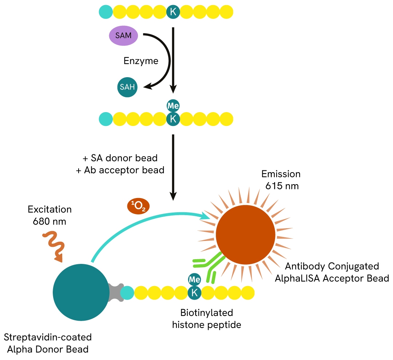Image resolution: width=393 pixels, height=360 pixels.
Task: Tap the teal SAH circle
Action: click(x=127, y=87)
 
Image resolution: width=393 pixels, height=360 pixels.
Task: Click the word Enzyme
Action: click(x=141, y=61)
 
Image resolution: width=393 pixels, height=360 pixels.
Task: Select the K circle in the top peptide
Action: click(x=173, y=12)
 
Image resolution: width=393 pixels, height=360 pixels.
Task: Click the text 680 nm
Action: click(x=50, y=221)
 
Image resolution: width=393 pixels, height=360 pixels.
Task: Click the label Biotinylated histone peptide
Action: click(x=207, y=319)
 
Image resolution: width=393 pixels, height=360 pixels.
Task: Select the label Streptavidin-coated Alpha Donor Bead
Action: click(x=47, y=343)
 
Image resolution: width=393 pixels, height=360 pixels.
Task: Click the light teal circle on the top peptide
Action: click(x=106, y=12)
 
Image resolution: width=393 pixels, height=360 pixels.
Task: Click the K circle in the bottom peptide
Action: click(x=194, y=292)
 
